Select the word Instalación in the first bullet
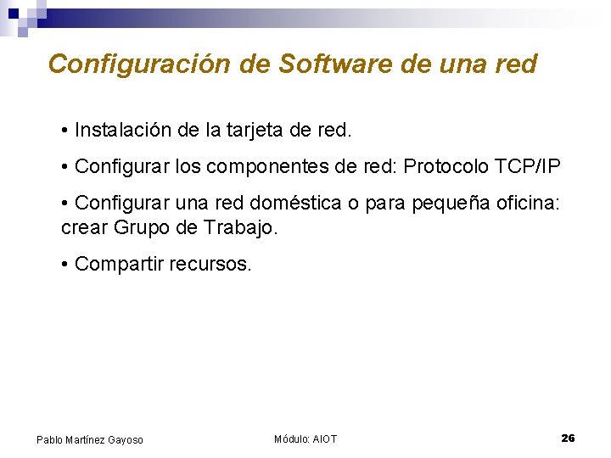[x=123, y=131]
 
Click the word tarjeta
[x=252, y=131]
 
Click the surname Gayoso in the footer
[x=123, y=439]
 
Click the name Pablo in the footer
[x=49, y=439]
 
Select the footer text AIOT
[x=325, y=438]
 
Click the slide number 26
[x=568, y=438]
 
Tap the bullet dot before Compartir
[x=65, y=265]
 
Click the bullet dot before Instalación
[x=65, y=131]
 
